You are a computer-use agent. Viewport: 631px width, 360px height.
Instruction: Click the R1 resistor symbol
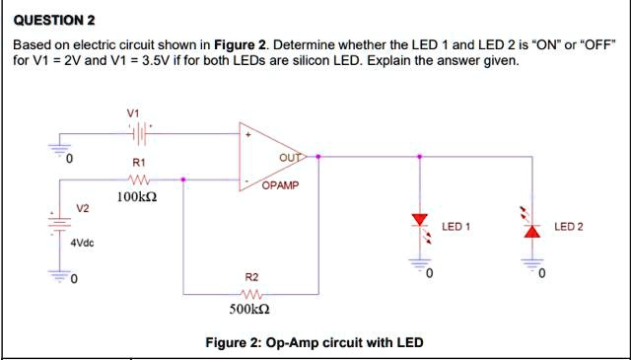click(138, 180)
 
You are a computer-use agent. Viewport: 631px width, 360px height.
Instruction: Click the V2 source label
click(83, 208)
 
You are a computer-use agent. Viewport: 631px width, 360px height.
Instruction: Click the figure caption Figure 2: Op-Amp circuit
click(314, 343)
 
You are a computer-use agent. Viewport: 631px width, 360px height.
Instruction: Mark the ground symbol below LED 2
click(533, 264)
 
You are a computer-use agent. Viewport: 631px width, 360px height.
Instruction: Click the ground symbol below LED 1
click(421, 264)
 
